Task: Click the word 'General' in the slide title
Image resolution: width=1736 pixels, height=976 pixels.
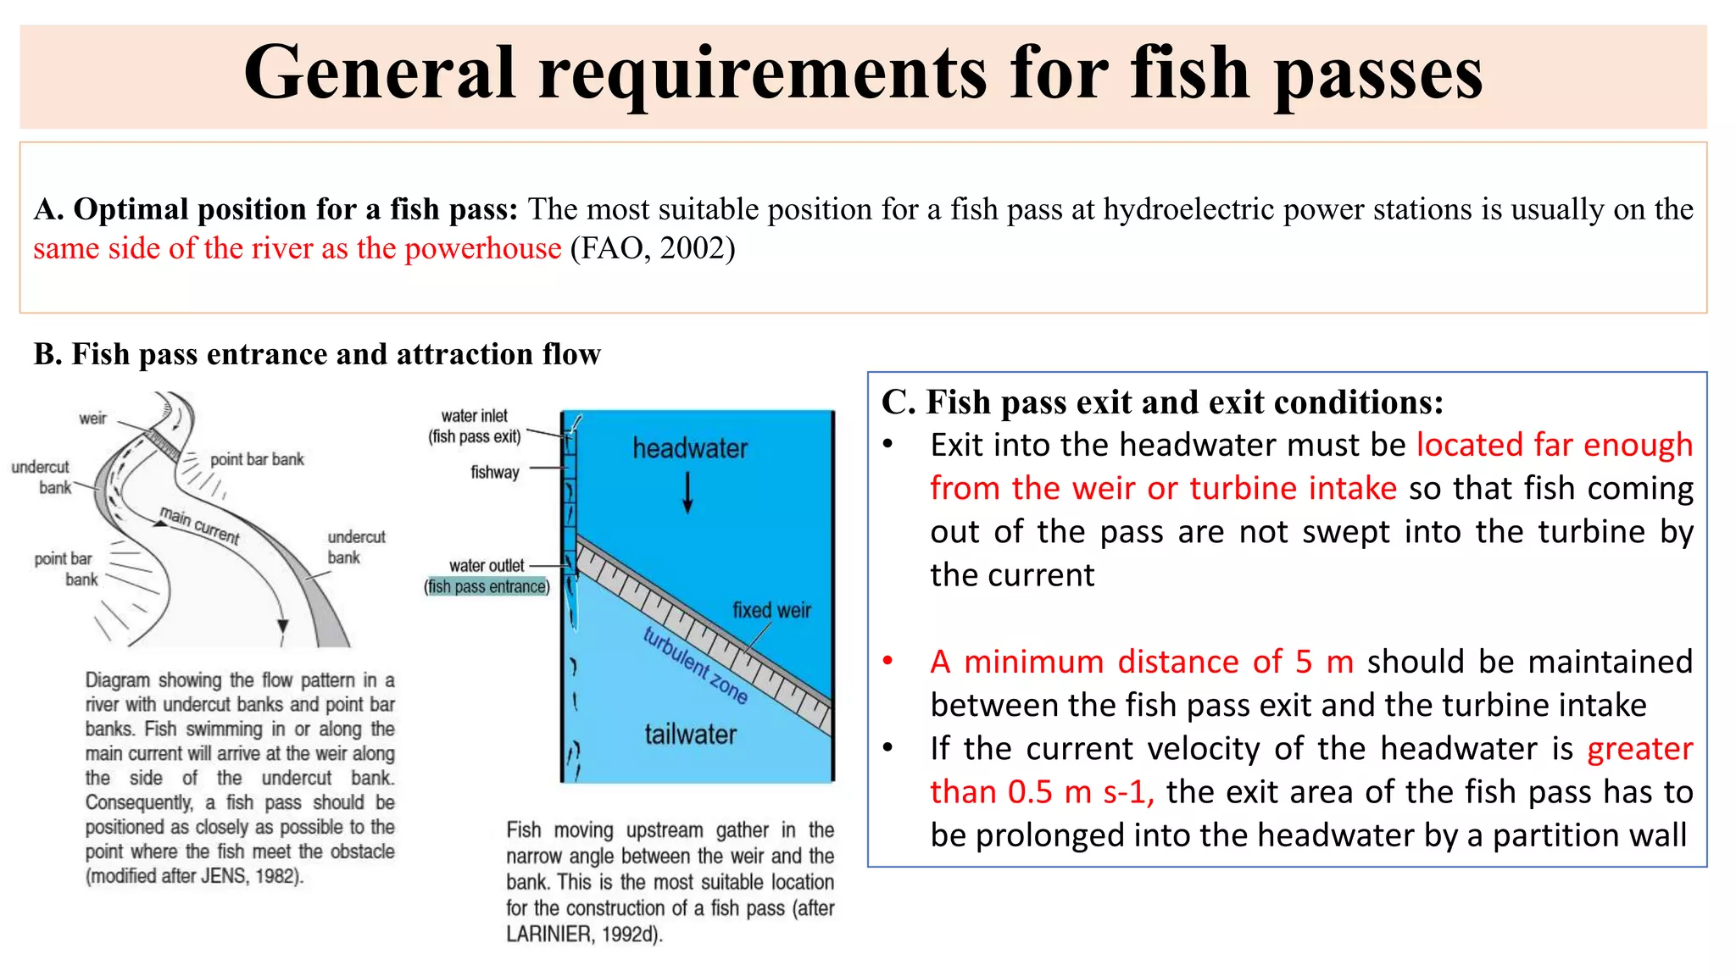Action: point(380,75)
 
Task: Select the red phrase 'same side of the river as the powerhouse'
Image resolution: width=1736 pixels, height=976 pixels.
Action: point(297,248)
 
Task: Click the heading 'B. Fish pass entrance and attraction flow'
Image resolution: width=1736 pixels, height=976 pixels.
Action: point(317,354)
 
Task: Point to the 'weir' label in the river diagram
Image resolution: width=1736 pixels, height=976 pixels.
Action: point(92,419)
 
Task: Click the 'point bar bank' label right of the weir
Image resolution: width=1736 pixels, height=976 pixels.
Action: point(257,459)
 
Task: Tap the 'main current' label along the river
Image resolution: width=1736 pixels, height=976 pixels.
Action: point(200,525)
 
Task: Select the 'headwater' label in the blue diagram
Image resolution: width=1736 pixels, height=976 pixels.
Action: point(690,448)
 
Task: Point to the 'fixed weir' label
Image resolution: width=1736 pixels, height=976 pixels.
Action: point(771,610)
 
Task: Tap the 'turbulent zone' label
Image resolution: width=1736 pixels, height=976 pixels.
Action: point(695,666)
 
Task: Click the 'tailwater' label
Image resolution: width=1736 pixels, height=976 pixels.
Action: point(690,734)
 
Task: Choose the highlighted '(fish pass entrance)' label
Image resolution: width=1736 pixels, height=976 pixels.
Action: point(487,586)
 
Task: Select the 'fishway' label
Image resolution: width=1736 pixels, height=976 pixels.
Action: point(495,472)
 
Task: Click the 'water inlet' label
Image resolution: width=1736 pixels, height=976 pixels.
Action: point(474,416)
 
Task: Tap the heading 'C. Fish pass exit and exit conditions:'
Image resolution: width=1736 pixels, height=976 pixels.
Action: point(1162,402)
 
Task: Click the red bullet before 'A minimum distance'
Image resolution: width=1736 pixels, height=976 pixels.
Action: point(887,661)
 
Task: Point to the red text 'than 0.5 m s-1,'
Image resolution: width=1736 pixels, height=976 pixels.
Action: point(1041,792)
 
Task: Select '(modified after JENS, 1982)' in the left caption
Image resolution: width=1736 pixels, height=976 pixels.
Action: point(194,876)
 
